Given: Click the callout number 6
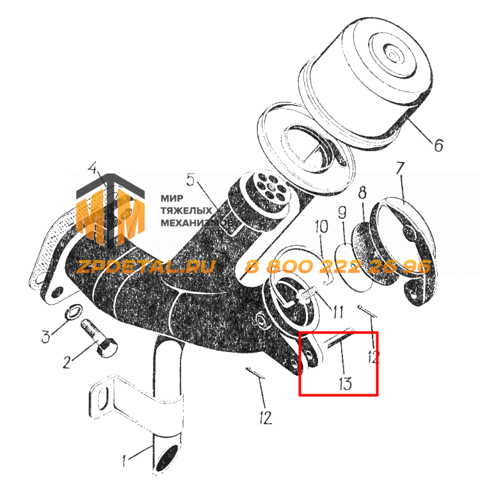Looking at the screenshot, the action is (x=438, y=145).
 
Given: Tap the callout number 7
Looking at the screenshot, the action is (x=400, y=168).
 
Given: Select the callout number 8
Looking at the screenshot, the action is (x=363, y=193).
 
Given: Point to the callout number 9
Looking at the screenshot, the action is (x=342, y=212).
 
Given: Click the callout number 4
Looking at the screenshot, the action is (x=93, y=168).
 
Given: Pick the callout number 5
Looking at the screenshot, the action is (x=191, y=179).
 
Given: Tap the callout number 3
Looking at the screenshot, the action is (x=46, y=336).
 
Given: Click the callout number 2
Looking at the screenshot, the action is (x=67, y=362).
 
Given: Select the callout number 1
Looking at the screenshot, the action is (x=124, y=461).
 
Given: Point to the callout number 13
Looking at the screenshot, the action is (x=345, y=383).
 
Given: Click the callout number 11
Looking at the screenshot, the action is (x=338, y=312).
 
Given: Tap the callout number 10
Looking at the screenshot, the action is (x=321, y=226).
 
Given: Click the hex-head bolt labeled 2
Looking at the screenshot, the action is (x=99, y=339).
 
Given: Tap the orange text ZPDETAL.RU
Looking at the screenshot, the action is (x=145, y=266).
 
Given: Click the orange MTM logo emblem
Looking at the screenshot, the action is (x=110, y=211).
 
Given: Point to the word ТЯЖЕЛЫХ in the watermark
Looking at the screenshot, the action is (x=186, y=211).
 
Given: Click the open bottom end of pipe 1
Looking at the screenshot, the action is (x=167, y=459).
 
